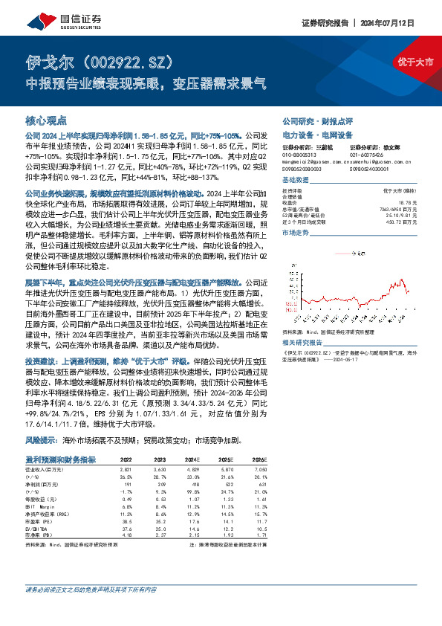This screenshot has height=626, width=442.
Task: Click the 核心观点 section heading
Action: (x=46, y=120)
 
